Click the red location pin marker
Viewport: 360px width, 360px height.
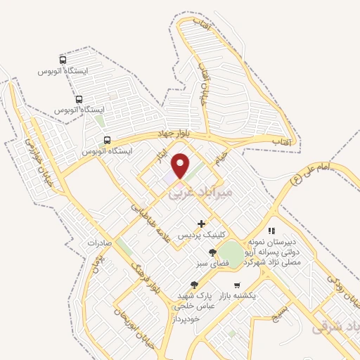point(181,165)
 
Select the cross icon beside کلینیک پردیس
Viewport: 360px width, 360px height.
point(202,224)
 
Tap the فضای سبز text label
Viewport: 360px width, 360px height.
point(212,264)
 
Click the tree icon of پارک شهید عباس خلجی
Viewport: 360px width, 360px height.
point(194,285)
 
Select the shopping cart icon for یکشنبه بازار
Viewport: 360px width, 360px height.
point(237,285)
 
